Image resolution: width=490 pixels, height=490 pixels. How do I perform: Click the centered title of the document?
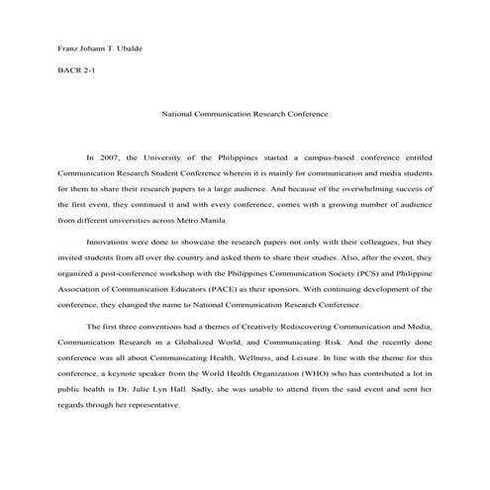245,114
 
